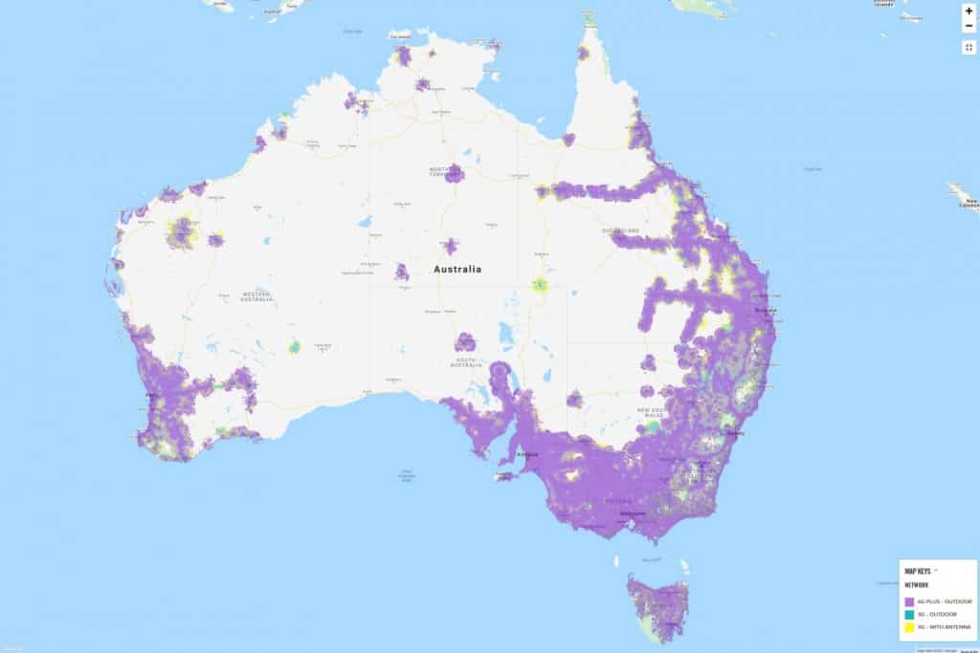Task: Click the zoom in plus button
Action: pos(969,11)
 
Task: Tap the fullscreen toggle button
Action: pos(969,47)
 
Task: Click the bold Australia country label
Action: pos(457,270)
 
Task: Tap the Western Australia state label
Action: pos(256,295)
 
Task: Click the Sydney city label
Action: pos(735,433)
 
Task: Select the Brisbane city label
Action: pos(764,311)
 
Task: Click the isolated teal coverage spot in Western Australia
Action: pos(295,346)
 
